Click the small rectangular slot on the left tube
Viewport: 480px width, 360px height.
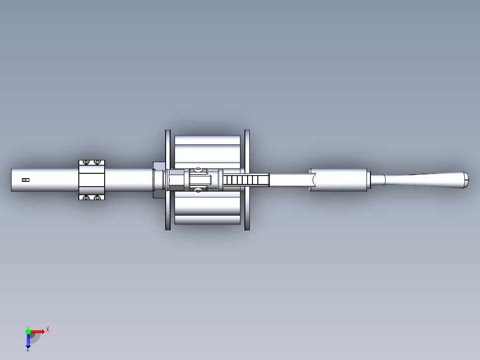point(25,180)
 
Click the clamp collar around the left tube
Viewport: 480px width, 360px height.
point(92,180)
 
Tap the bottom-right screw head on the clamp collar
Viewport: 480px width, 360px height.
point(97,197)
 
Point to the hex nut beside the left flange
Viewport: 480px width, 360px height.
point(175,180)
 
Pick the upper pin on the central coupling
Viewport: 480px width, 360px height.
point(198,170)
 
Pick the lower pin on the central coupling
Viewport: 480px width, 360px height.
point(198,190)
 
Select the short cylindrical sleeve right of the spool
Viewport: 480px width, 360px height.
point(338,180)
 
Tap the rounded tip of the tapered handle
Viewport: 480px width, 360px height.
point(467,180)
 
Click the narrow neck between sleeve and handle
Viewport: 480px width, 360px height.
point(378,180)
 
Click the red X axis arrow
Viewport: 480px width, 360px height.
point(39,331)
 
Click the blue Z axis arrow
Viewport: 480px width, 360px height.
point(28,341)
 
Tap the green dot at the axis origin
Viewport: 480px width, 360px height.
point(28,331)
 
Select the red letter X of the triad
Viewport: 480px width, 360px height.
point(48,329)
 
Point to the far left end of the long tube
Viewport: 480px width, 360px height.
point(12,180)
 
